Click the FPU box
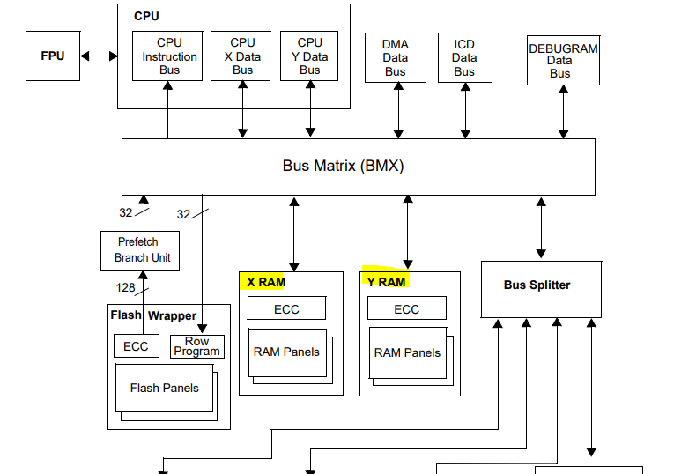click(53, 56)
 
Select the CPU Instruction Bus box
click(169, 56)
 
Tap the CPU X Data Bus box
click(242, 56)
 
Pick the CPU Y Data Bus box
click(309, 56)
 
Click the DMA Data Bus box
click(396, 58)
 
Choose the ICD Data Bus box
click(464, 58)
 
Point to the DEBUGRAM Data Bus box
click(563, 61)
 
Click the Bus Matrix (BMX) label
click(343, 166)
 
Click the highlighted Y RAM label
click(386, 282)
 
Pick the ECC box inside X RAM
click(286, 308)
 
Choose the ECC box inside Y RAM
click(406, 308)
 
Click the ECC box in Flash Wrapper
click(136, 346)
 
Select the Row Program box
click(197, 346)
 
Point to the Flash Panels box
click(164, 388)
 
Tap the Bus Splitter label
click(537, 285)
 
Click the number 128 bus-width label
click(125, 287)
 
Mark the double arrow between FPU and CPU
click(99, 56)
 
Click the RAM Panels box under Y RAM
click(407, 352)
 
